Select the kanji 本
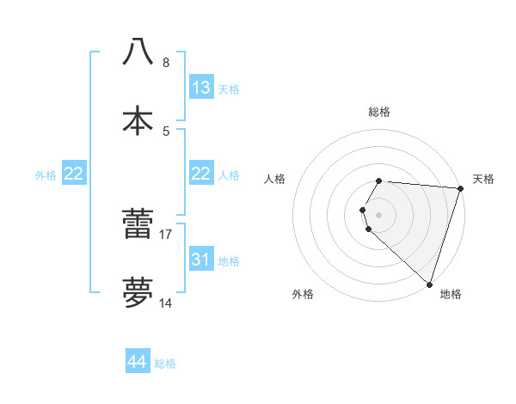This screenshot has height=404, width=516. [138, 120]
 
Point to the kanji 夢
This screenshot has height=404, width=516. [138, 293]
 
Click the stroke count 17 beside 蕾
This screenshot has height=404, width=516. [166, 234]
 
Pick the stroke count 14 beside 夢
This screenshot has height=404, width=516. [166, 303]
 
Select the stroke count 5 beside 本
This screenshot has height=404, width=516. [166, 131]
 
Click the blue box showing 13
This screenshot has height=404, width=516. [201, 88]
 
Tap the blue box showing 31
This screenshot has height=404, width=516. [201, 260]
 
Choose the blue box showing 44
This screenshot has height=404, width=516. [138, 363]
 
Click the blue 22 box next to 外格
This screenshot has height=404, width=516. [74, 174]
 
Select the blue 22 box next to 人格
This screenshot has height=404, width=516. [201, 174]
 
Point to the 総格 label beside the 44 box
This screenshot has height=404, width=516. [165, 364]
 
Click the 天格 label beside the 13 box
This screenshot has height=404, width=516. [229, 89]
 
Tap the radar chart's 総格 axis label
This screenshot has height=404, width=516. [379, 112]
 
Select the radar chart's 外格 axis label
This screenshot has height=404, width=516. [303, 294]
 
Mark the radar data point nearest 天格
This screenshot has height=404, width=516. [461, 188]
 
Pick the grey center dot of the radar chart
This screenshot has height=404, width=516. [379, 214]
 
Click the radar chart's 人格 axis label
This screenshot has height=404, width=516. [275, 179]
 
